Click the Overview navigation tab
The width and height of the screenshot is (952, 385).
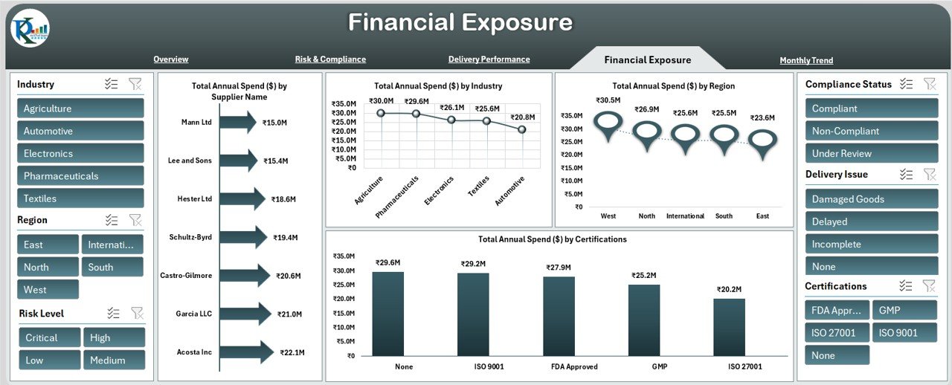170,59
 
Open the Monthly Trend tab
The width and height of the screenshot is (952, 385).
806,60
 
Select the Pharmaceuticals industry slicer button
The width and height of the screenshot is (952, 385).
80,176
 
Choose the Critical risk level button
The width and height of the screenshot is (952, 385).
49,337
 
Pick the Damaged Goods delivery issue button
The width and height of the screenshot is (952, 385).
871,199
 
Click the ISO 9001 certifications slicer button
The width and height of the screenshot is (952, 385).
904,333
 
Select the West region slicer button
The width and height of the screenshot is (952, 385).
48,290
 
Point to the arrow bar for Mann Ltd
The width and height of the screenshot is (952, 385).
238,122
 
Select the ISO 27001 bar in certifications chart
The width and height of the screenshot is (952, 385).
729,327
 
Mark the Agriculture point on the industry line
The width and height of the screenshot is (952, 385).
381,113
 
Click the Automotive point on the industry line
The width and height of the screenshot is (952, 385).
521,129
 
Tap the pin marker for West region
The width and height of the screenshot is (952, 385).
608,125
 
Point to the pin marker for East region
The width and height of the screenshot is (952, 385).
762,142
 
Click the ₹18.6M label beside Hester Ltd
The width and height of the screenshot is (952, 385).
283,199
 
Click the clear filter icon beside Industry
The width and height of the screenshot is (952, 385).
135,85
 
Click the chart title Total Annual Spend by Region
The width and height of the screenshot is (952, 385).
673,86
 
